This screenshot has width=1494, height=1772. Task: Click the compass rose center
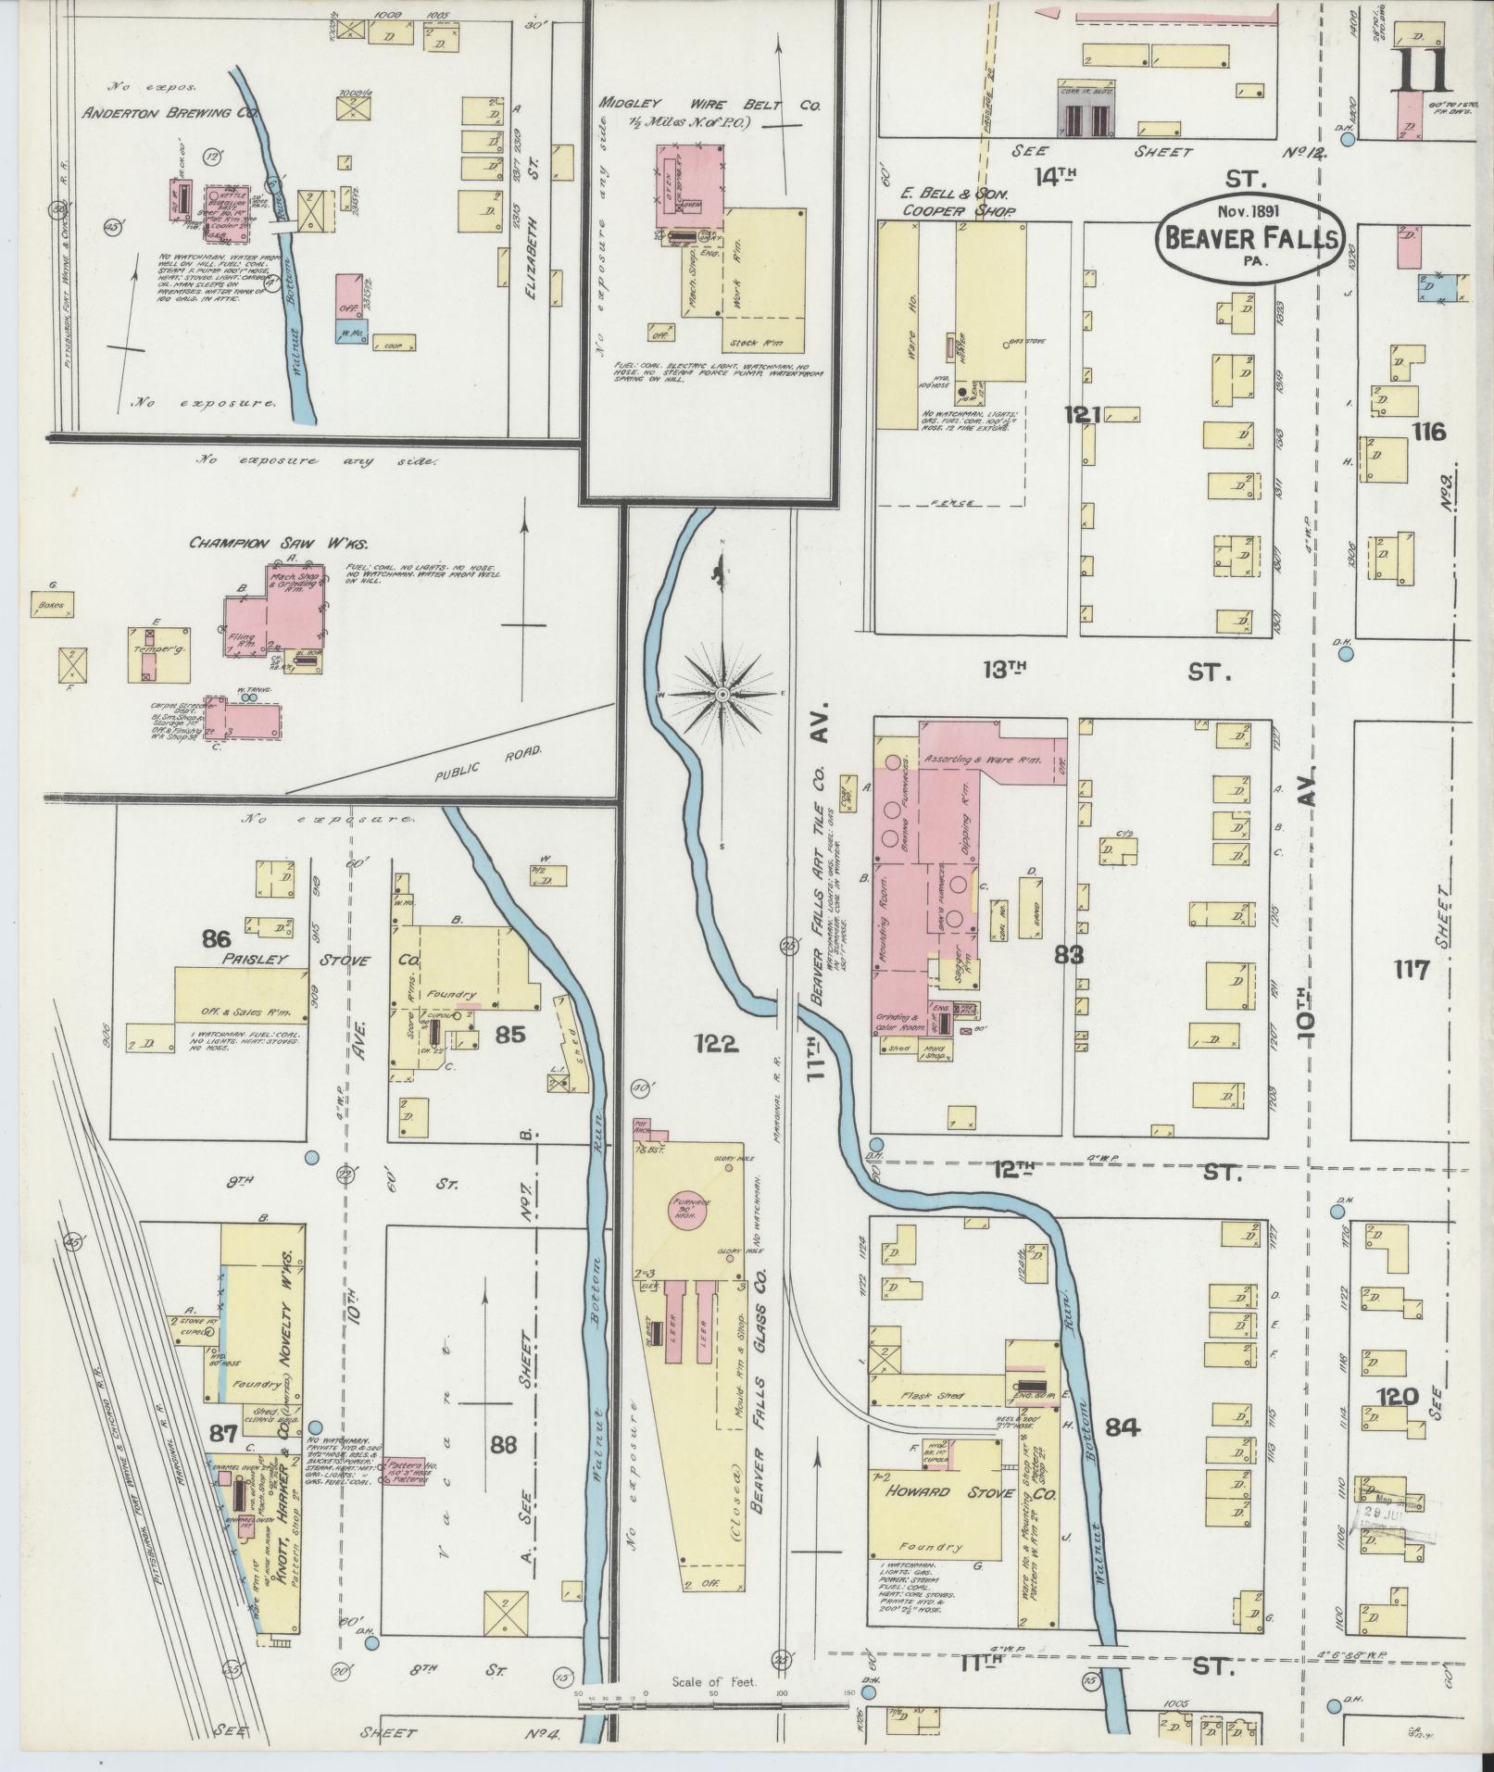click(722, 693)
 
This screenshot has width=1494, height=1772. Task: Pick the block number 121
click(1081, 416)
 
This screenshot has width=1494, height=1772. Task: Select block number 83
click(1069, 954)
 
